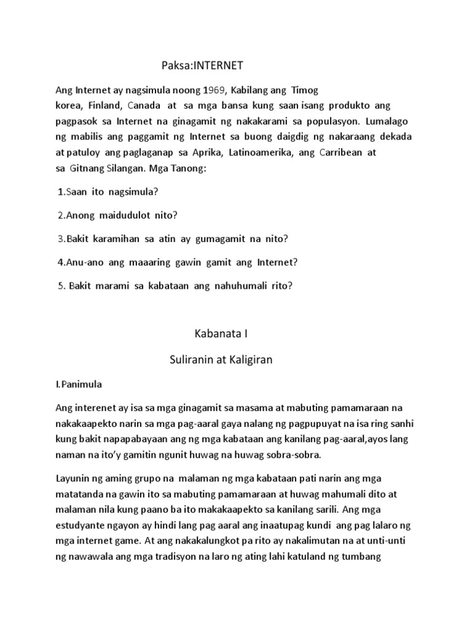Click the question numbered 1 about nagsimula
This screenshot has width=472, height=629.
pos(108,192)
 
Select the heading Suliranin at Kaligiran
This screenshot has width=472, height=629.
pos(221,361)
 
